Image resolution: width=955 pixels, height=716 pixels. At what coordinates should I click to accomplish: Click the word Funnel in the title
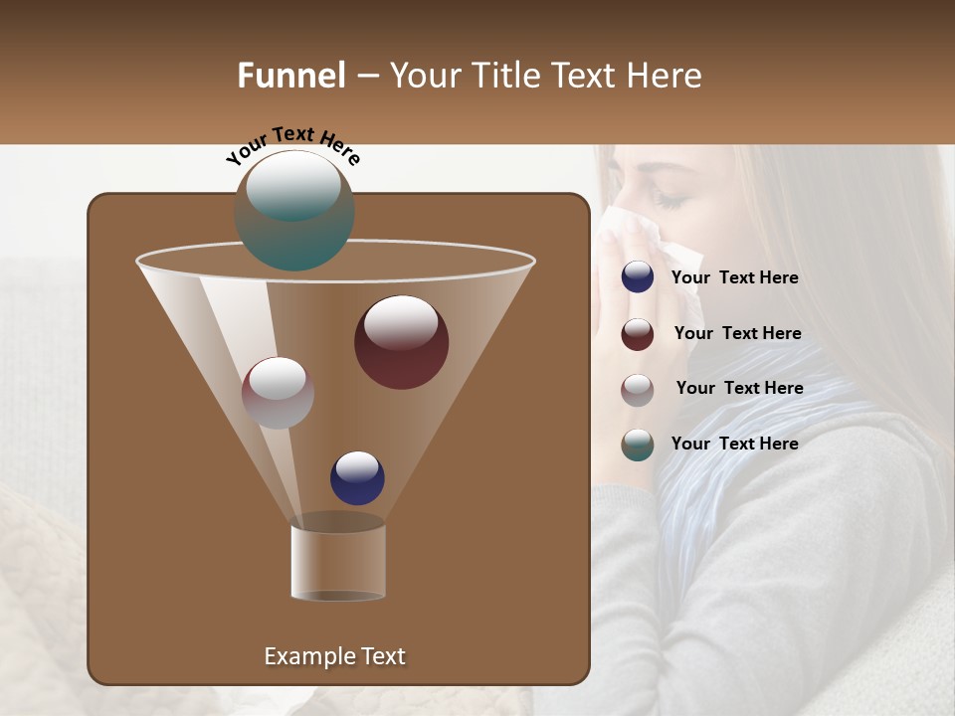pos(290,76)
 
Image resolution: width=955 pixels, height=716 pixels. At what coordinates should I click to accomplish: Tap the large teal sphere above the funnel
pos(294,210)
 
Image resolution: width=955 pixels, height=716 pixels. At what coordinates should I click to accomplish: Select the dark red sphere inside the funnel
pos(402,342)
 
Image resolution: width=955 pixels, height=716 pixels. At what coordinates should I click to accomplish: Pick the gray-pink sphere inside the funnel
pos(278,393)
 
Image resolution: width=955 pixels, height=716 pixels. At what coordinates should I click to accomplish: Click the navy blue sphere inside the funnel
pos(357,477)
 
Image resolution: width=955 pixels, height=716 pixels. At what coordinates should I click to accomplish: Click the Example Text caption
pos(334,656)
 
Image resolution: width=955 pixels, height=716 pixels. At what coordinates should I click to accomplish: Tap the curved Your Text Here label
pos(292,144)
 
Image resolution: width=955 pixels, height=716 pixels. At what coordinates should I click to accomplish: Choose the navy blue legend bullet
pos(638,277)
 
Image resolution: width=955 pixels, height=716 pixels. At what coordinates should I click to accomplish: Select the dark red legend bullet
pos(638,334)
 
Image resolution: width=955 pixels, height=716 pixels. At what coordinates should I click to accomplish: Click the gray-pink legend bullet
pos(638,390)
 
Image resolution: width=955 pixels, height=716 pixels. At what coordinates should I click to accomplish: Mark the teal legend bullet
pos(638,445)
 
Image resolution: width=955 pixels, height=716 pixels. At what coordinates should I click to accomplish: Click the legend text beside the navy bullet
pos(734,277)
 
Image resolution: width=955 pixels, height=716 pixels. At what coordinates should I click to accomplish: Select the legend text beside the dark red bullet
pos(737,333)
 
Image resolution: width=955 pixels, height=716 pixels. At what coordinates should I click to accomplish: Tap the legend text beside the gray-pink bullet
pos(739,388)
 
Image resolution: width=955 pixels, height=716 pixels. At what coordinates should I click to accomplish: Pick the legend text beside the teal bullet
pos(734,444)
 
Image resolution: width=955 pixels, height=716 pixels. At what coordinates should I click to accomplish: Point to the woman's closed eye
pos(668,200)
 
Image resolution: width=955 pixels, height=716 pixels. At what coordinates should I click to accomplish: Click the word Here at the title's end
pos(665,76)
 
